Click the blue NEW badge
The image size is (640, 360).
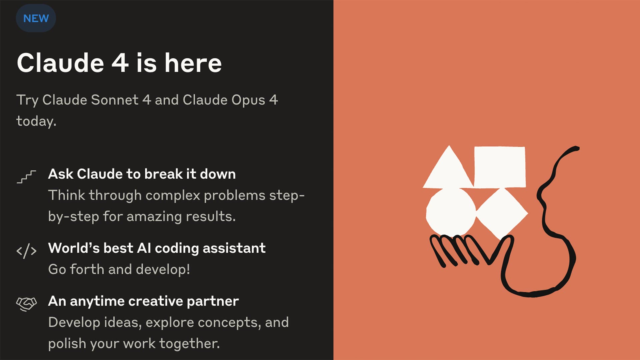pos(36,18)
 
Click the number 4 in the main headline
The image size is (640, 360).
pos(120,63)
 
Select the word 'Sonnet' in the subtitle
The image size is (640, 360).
pos(115,100)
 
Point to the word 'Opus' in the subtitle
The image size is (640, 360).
pos(248,100)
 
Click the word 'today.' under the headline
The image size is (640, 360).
pos(36,121)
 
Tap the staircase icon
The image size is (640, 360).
pos(26,177)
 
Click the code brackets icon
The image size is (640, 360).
pos(26,251)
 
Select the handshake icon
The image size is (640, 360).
pos(26,304)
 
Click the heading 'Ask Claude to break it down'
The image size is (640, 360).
pos(142,174)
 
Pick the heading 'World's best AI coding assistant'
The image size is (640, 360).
pos(157,248)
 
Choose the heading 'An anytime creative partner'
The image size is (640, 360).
pos(144,301)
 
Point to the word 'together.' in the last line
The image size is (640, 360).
pos(190,343)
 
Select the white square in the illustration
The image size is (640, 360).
pos(500,167)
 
